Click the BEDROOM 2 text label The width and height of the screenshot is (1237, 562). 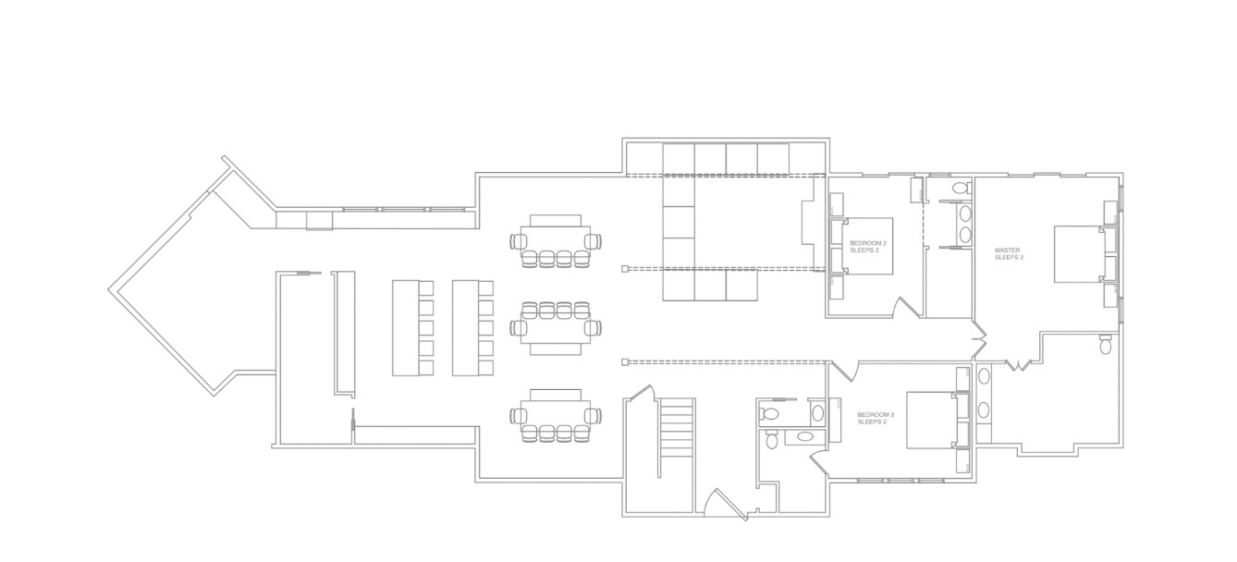pyautogui.click(x=868, y=243)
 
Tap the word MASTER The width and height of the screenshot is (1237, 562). pyautogui.click(x=1008, y=250)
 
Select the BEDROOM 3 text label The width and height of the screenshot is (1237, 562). pyautogui.click(x=876, y=415)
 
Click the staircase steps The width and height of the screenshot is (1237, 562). pyautogui.click(x=676, y=427)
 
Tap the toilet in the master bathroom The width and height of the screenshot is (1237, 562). pyautogui.click(x=1106, y=345)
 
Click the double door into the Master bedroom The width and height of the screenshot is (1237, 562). pyautogui.click(x=980, y=339)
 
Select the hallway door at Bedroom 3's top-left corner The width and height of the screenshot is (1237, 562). pyautogui.click(x=843, y=371)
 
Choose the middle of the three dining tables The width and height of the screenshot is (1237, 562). pyautogui.click(x=556, y=328)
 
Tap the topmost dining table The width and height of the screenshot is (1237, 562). pyautogui.click(x=556, y=241)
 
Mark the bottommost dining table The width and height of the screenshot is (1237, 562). pyautogui.click(x=556, y=415)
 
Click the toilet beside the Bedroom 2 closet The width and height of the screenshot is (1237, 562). pyautogui.click(x=962, y=186)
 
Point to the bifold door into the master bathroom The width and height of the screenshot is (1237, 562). pyautogui.click(x=1018, y=364)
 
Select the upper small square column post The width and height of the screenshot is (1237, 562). pyautogui.click(x=625, y=269)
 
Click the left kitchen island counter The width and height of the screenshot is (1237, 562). pyautogui.click(x=406, y=328)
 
